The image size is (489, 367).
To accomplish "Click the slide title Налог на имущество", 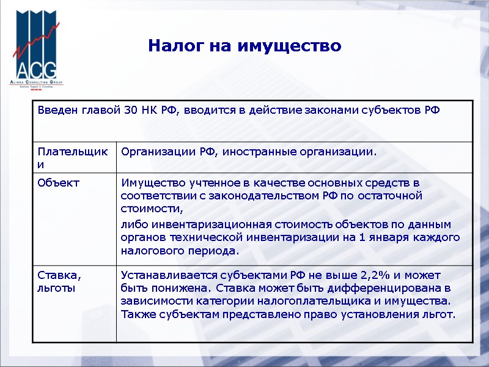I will pyautogui.click(x=244, y=46).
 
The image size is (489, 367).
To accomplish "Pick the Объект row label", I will pyautogui.click(x=58, y=182).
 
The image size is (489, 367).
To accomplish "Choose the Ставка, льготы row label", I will pyautogui.click(x=58, y=281).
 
